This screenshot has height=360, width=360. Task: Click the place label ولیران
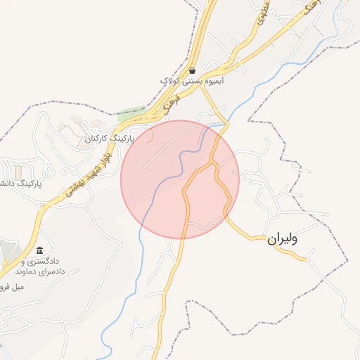283,239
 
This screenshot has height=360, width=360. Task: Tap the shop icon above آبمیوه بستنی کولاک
192,70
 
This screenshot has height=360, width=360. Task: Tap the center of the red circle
180,179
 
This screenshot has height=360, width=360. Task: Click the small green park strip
131,112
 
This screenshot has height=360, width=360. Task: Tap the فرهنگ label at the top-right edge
309,8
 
